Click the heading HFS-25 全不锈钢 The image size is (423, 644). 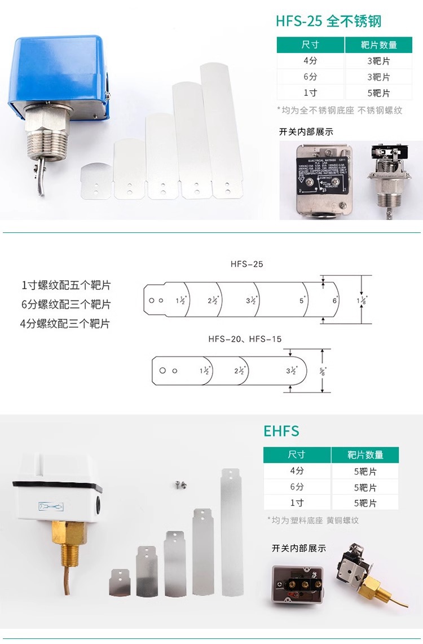(328, 21)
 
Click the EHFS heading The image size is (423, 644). (281, 431)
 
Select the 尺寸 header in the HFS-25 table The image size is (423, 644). (310, 45)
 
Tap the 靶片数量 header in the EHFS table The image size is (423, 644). (365, 455)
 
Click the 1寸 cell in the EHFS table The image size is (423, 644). (297, 502)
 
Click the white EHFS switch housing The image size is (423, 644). (56, 493)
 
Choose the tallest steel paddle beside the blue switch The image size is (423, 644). (221, 130)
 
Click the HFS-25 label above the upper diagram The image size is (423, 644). (246, 264)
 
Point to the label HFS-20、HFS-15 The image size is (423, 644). (245, 339)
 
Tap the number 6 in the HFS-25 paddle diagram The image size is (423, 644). (334, 301)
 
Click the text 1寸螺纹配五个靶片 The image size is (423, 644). (66, 285)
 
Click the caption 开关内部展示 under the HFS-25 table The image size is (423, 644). (306, 132)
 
